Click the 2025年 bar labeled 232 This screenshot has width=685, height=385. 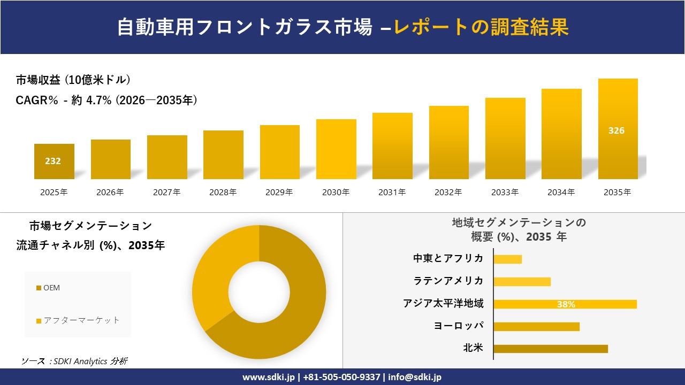pyautogui.click(x=54, y=161)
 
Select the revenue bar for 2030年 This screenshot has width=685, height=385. pyautogui.click(x=336, y=149)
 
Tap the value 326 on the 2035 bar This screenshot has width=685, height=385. pyautogui.click(x=616, y=130)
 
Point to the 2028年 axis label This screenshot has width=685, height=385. pyautogui.click(x=223, y=192)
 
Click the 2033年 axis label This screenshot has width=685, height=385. pyautogui.click(x=505, y=192)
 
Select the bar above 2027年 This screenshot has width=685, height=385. pyautogui.click(x=167, y=157)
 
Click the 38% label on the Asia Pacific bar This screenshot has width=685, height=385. pyautogui.click(x=566, y=304)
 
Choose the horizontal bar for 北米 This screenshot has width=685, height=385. pyautogui.click(x=550, y=349)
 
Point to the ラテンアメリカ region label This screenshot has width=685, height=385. pyautogui.click(x=448, y=281)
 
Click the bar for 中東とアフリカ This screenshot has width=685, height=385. pyautogui.click(x=507, y=259)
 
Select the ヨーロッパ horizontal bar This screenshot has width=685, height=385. pyautogui.click(x=536, y=326)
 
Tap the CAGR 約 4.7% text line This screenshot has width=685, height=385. pyautogui.click(x=107, y=100)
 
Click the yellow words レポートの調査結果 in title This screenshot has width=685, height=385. pyautogui.click(x=481, y=27)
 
